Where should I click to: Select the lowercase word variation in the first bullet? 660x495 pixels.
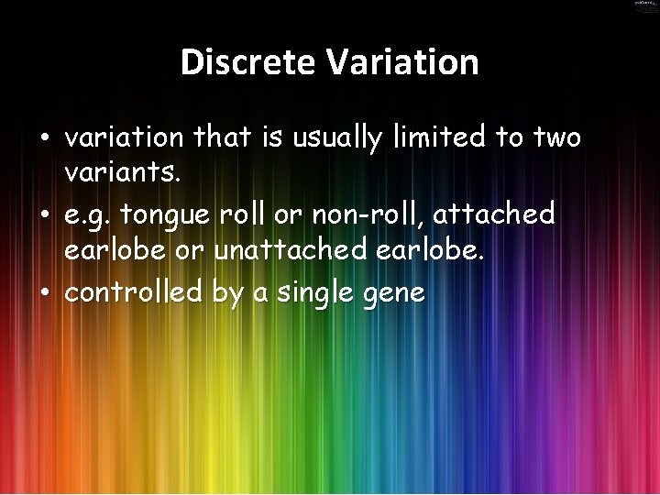[125, 137]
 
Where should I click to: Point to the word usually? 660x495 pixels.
[333, 138]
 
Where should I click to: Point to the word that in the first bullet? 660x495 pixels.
[221, 137]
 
